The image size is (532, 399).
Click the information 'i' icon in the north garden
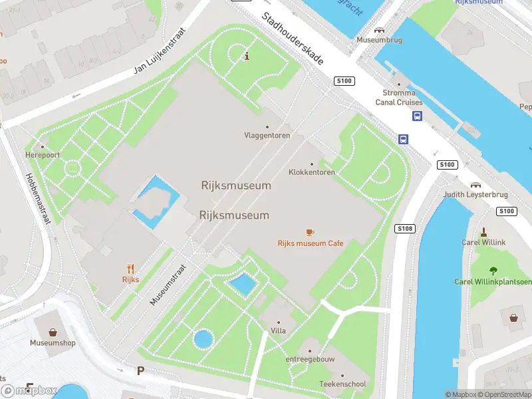[x=247, y=56]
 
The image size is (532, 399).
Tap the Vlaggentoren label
[x=267, y=136]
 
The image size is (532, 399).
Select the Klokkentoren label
[x=311, y=172]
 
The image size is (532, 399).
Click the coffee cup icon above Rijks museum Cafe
[x=309, y=232]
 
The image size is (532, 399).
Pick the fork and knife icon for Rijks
[x=130, y=269]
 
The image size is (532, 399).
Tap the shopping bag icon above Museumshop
[x=52, y=332]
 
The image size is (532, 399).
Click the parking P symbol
[x=140, y=370]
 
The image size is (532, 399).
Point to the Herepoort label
[x=43, y=155]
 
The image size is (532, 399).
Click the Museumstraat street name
[x=167, y=283]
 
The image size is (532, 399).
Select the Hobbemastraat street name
[x=37, y=199]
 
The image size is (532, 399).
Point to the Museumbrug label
[x=379, y=40]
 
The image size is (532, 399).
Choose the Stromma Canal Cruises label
[x=399, y=98]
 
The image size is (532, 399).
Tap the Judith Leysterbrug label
[x=475, y=195]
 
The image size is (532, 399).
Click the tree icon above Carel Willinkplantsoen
[x=493, y=271]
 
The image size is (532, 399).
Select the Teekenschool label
[x=342, y=384]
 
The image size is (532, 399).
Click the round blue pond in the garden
[x=203, y=340]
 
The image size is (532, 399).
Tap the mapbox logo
[x=30, y=391]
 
